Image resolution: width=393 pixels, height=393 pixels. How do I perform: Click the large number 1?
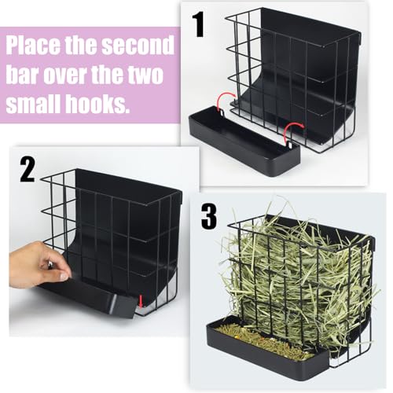point(199,24)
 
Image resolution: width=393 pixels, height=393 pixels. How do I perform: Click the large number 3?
point(209,216)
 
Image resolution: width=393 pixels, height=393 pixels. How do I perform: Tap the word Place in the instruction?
point(33,45)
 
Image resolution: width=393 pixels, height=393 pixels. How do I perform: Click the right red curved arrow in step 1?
point(294,130)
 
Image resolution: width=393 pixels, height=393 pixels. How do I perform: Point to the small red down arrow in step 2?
point(141,301)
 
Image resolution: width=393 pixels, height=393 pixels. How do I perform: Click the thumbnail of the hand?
point(64,276)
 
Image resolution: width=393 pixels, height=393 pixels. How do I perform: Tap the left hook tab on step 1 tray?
point(222,112)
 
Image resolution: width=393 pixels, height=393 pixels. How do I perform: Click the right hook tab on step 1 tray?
point(289,144)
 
